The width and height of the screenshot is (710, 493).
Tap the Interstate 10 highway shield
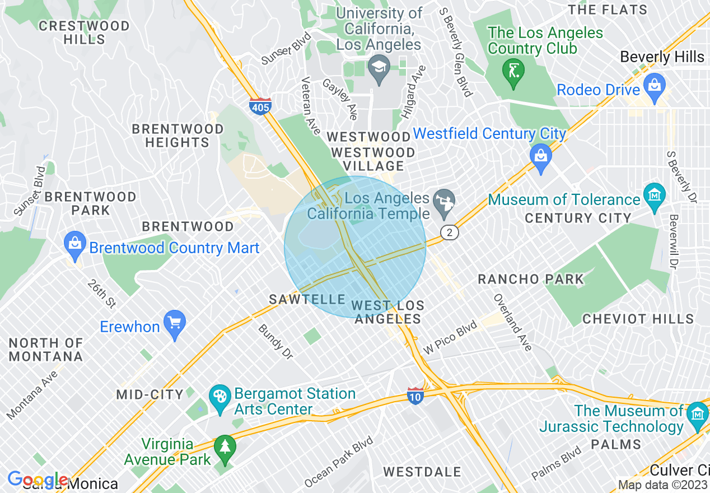(x=415, y=395)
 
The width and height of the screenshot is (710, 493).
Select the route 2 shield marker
(x=449, y=232)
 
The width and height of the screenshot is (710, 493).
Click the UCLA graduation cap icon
(x=380, y=70)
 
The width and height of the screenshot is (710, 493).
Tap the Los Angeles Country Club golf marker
(x=513, y=73)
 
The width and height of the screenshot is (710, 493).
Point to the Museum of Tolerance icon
(x=654, y=197)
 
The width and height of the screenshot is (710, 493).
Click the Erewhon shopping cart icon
(x=175, y=324)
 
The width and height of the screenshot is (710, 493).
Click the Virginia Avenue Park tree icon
(x=225, y=449)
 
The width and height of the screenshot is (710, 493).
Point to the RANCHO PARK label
(x=531, y=279)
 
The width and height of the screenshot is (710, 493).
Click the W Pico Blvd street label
(x=450, y=337)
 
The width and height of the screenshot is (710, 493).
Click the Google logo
(x=38, y=480)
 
